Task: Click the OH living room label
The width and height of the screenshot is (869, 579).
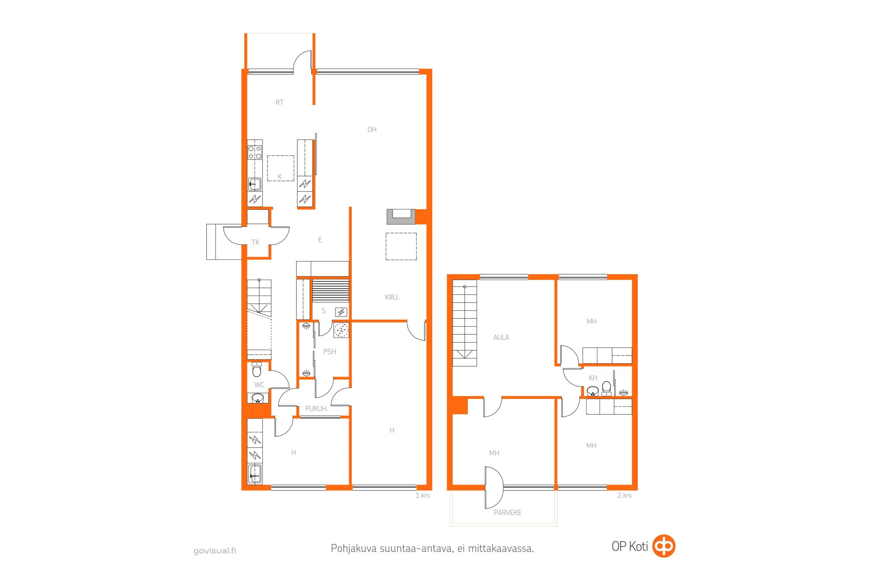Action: tap(372, 130)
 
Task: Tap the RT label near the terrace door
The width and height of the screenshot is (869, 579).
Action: tap(279, 102)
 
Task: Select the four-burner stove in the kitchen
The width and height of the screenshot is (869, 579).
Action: tap(255, 152)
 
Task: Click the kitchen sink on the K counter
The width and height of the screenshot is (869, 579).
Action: tap(255, 184)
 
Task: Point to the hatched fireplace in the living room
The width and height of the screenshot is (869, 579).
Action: tap(401, 217)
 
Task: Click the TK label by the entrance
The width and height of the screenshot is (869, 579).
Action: tap(255, 242)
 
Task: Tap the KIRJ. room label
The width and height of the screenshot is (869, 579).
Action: tap(392, 297)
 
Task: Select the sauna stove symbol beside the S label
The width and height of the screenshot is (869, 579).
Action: tap(341, 312)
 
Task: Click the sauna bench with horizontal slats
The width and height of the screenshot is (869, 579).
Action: tap(330, 291)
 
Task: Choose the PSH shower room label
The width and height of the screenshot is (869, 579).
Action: tap(329, 351)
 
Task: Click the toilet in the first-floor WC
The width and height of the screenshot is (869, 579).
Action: tap(257, 369)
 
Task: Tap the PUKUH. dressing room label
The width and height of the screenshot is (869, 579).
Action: tap(316, 409)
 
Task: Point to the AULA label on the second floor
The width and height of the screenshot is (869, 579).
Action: tap(501, 337)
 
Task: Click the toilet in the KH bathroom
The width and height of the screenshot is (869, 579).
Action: tap(606, 388)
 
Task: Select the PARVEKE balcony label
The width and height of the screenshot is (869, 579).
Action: tap(507, 512)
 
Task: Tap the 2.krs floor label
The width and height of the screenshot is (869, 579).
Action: tap(624, 495)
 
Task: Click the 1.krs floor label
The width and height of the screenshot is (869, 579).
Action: tap(423, 495)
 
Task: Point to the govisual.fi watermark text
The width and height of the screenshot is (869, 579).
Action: tap(215, 551)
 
